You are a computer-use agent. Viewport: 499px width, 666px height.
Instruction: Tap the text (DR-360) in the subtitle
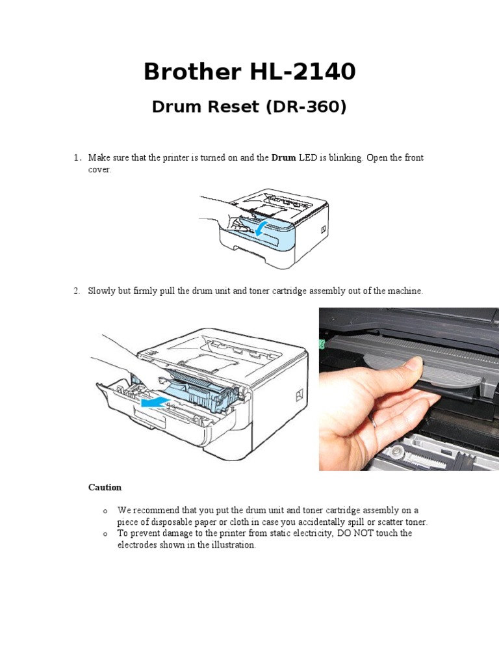click(305, 107)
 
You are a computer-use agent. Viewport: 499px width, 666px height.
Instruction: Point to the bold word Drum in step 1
click(283, 158)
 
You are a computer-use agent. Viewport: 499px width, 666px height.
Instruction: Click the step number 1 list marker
click(76, 158)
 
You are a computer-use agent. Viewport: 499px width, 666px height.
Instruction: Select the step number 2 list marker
click(76, 291)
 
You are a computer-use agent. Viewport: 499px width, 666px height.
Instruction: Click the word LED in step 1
click(308, 158)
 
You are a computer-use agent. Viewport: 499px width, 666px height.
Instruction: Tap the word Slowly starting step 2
click(103, 291)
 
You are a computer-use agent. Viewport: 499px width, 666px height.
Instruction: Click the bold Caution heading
click(105, 487)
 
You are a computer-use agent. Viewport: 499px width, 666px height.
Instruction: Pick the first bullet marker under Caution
click(105, 511)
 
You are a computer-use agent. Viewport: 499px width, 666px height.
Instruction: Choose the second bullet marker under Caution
click(105, 534)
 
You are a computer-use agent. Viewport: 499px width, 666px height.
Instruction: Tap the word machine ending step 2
click(405, 291)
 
